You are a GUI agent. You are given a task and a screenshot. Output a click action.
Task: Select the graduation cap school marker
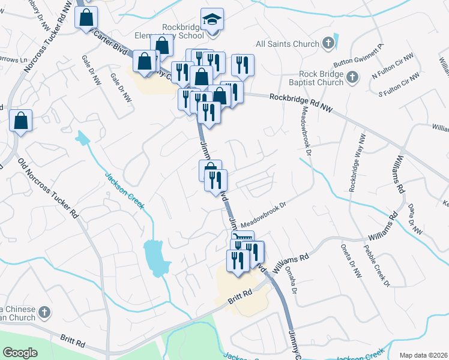point(212,20)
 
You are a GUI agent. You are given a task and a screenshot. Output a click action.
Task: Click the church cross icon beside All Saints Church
point(328,43)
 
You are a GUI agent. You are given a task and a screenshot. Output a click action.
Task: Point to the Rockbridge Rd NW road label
point(301,101)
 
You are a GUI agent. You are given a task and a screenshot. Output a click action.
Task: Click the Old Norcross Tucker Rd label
point(49,188)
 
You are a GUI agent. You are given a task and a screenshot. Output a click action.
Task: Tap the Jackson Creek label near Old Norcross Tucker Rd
point(125,191)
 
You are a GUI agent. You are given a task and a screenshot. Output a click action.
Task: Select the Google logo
point(20,353)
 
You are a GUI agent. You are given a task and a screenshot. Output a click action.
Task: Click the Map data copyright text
point(424,355)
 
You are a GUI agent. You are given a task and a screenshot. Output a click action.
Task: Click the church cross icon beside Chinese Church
point(43,312)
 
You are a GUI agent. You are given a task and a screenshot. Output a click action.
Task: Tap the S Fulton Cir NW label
point(397,85)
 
